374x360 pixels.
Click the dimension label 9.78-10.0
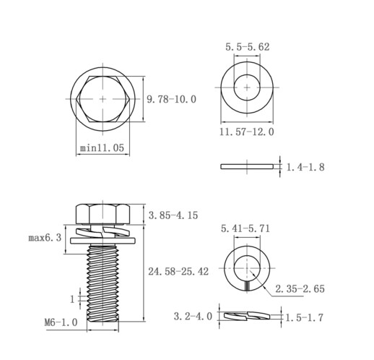(x=171, y=99)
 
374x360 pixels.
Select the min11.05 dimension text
(x=102, y=147)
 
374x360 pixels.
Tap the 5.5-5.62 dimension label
(x=248, y=47)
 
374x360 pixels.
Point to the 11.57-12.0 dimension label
(x=247, y=132)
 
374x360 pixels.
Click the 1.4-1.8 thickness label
(x=305, y=167)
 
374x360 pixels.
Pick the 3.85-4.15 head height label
(x=173, y=215)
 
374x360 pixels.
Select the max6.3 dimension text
(x=45, y=238)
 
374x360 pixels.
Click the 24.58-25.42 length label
(x=178, y=272)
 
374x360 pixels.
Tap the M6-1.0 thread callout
(x=61, y=322)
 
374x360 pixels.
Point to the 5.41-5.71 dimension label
(x=245, y=228)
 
